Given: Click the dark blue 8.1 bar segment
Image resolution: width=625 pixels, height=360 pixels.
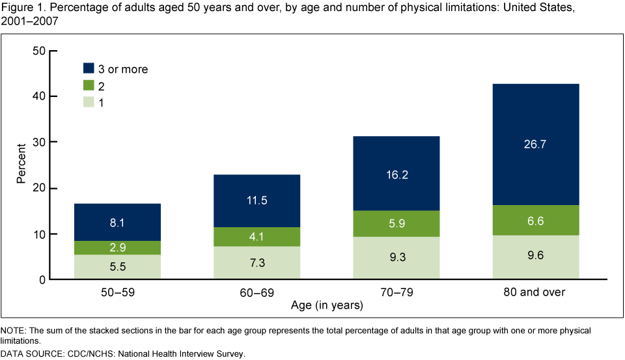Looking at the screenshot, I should (x=117, y=222).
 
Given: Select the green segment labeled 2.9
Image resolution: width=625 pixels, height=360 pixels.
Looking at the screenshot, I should (x=117, y=248).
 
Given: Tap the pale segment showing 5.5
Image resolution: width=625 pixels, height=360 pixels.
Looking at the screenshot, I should (x=117, y=266).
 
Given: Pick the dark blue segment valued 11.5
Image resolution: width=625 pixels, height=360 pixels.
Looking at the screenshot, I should (x=257, y=201).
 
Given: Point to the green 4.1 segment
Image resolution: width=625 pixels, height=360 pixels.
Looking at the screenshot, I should (x=257, y=237).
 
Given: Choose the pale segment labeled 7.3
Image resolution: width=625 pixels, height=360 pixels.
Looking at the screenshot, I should (x=257, y=262).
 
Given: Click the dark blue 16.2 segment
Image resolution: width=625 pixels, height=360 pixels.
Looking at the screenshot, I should (x=396, y=173).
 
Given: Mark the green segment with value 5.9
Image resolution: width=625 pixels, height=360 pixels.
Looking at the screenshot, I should (x=396, y=223).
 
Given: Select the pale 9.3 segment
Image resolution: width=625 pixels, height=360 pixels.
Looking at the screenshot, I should (x=396, y=257).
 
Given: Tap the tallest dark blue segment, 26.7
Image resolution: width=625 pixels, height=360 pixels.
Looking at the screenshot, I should (x=535, y=144).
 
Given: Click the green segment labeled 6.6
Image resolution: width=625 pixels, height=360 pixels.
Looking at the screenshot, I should (x=535, y=220).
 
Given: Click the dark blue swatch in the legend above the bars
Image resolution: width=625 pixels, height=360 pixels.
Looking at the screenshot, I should (x=89, y=68).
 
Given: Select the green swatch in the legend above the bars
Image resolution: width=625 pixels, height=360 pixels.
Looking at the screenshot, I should (x=89, y=85).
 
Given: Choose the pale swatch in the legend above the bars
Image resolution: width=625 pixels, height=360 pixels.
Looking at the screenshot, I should (x=89, y=102).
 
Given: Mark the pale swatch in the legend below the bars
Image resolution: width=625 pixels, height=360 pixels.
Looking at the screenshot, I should (x=89, y=323).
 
